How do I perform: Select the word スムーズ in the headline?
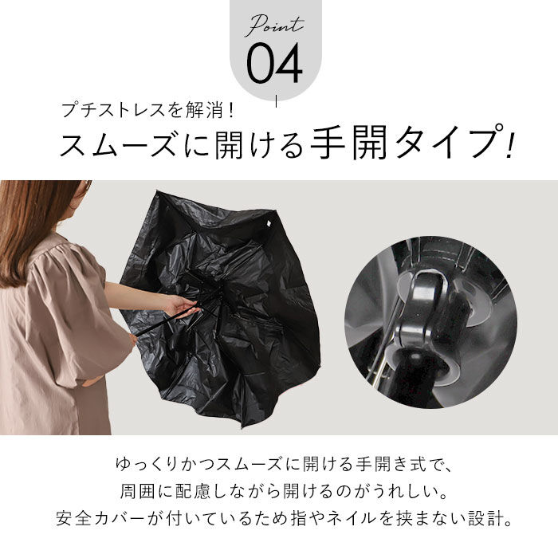click(x=120, y=145)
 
